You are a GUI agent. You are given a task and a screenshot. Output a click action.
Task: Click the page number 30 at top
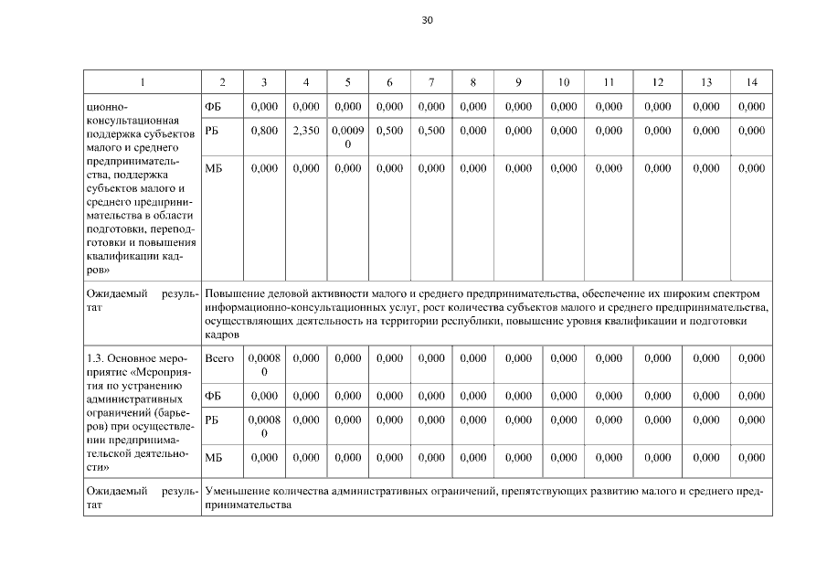[427, 20]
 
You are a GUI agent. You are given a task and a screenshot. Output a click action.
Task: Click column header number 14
[751, 82]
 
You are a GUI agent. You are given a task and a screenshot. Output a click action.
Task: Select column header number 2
[222, 82]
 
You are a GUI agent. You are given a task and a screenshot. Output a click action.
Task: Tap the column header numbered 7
[431, 82]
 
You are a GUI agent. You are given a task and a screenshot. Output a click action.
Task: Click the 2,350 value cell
[306, 131]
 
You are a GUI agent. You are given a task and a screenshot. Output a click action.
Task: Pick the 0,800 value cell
[264, 131]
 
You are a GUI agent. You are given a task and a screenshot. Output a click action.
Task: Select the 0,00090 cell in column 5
[348, 137]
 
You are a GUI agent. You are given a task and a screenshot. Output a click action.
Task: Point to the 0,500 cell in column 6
[389, 131]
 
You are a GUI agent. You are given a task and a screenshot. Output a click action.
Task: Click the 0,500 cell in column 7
[431, 131]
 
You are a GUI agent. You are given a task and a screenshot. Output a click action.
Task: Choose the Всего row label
[220, 358]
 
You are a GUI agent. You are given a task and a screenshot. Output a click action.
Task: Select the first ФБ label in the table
[214, 107]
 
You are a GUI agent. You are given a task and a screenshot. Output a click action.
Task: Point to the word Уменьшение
[240, 492]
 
